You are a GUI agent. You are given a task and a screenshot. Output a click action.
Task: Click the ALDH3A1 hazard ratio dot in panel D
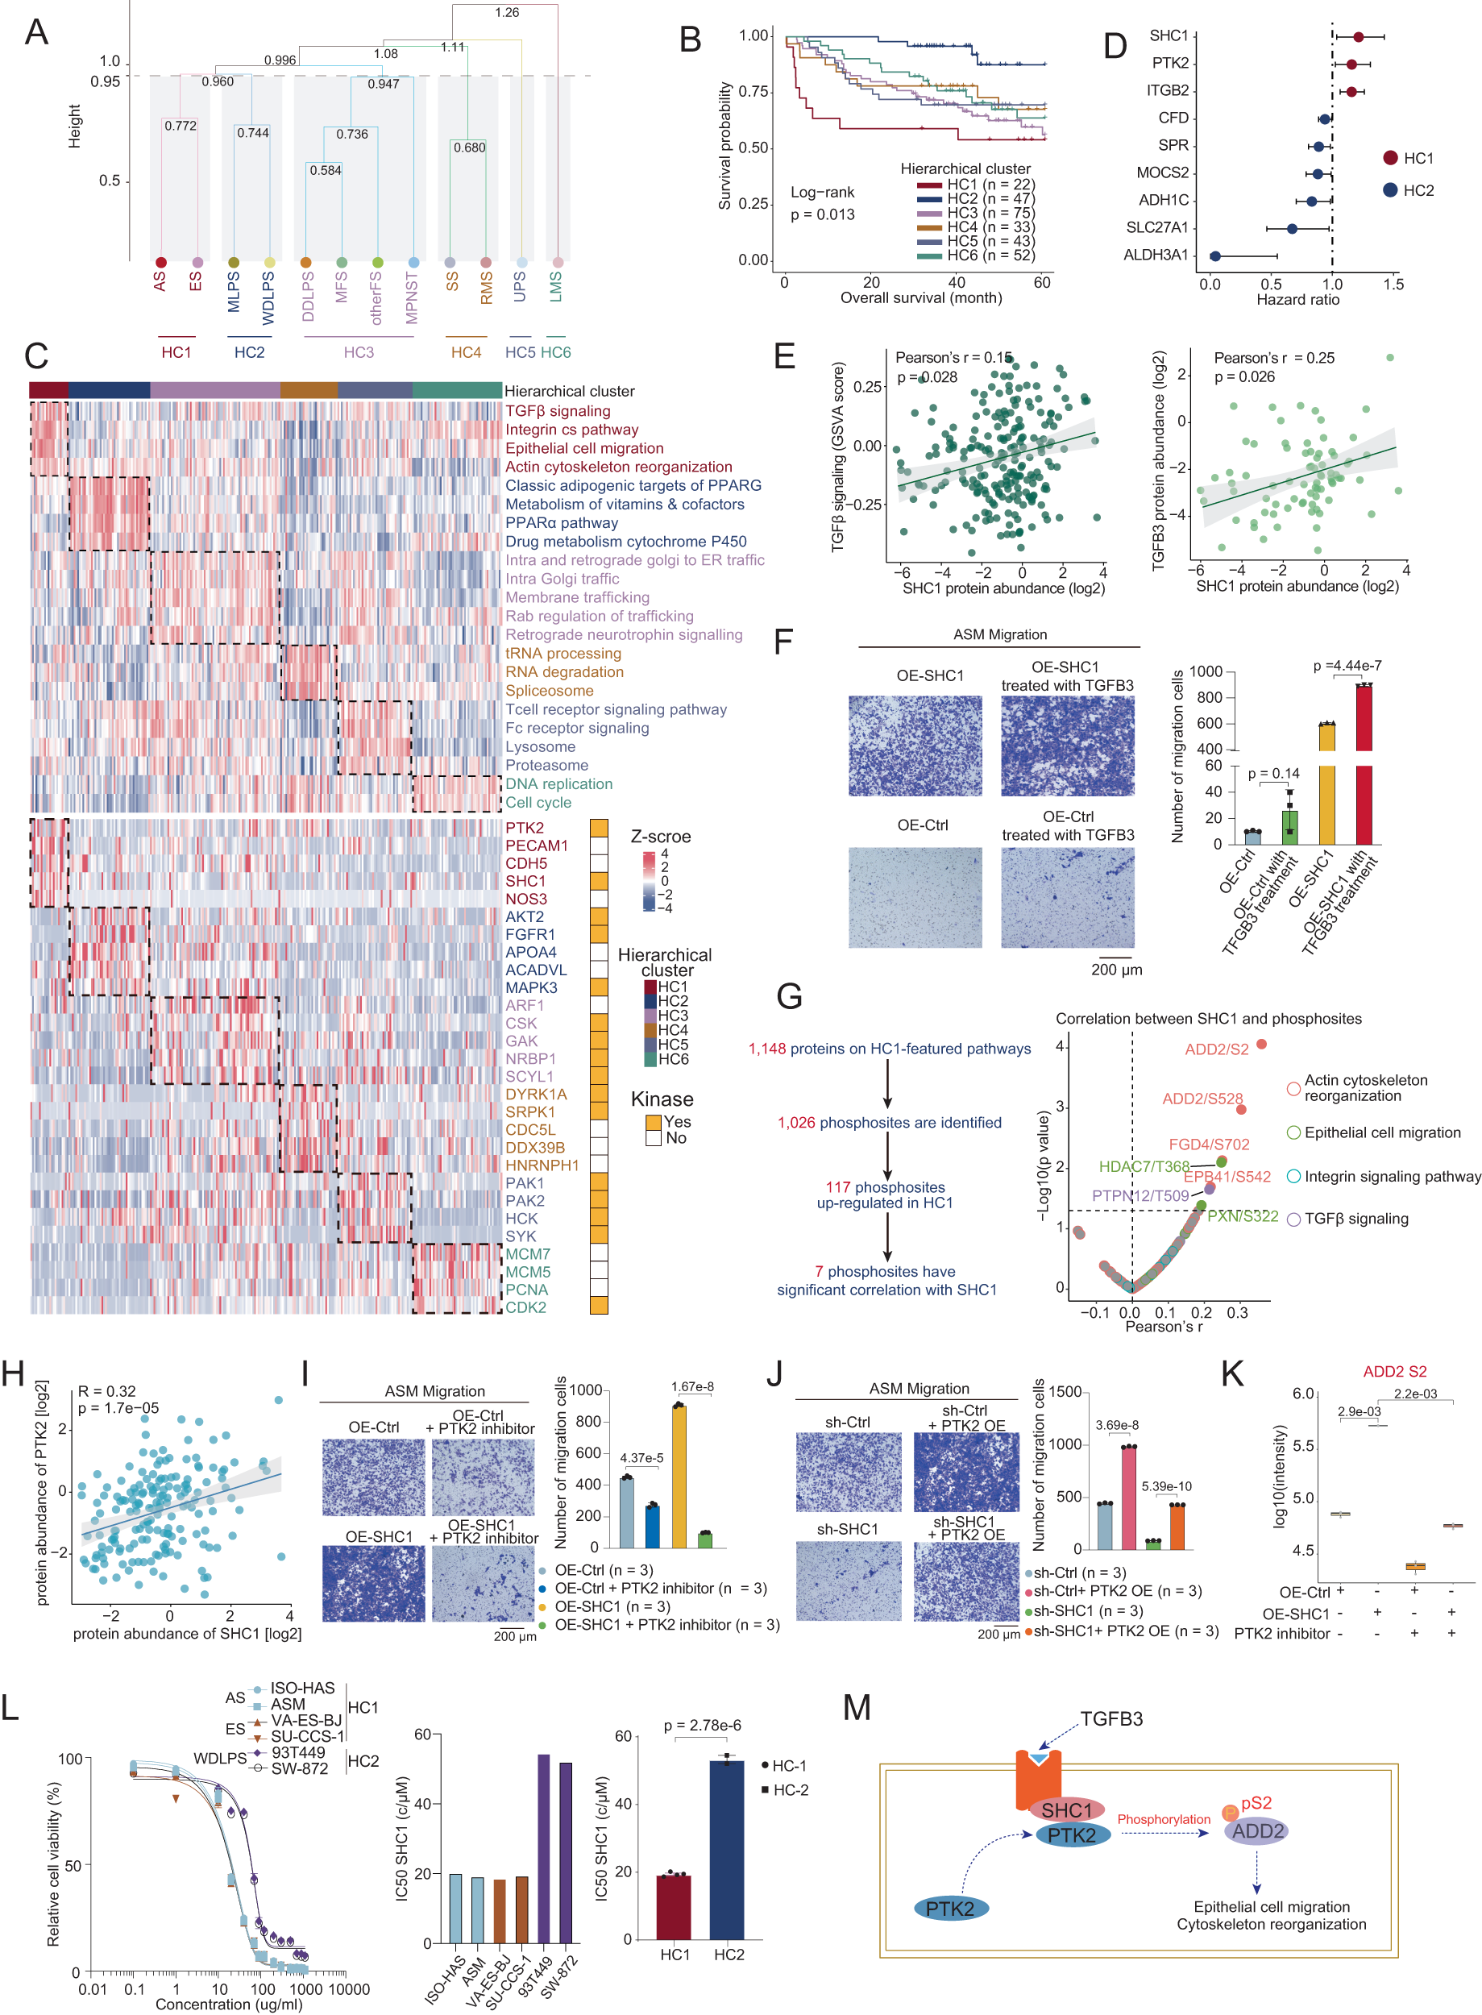pos(1214,256)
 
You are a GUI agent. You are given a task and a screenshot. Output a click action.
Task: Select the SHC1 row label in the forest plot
pos(1168,36)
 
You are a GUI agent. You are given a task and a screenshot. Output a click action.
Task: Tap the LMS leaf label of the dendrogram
pos(556,287)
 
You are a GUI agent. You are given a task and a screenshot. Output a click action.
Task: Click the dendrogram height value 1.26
pos(507,13)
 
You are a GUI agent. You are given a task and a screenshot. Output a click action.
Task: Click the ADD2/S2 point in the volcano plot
pos(1261,1044)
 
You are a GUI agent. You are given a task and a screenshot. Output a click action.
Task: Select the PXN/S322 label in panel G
pos(1243,1216)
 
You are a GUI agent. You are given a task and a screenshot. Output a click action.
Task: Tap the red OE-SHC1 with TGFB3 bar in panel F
pos(1364,762)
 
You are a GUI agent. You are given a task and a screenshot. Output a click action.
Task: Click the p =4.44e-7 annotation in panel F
pos(1347,666)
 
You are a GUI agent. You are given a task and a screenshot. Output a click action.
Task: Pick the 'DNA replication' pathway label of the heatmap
pos(559,784)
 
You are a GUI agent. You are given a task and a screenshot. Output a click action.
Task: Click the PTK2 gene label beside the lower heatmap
pos(524,827)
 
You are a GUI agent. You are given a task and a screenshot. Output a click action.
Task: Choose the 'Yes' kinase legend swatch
pos(653,1122)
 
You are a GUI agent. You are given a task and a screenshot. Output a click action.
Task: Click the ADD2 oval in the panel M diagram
pos(1257,1831)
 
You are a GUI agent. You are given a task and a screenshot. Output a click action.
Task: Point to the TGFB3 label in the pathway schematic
pos(1110,1719)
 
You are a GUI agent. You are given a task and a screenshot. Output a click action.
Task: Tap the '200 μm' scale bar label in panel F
pos(1116,970)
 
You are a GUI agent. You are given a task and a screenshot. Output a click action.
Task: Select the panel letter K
pos(1233,1373)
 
